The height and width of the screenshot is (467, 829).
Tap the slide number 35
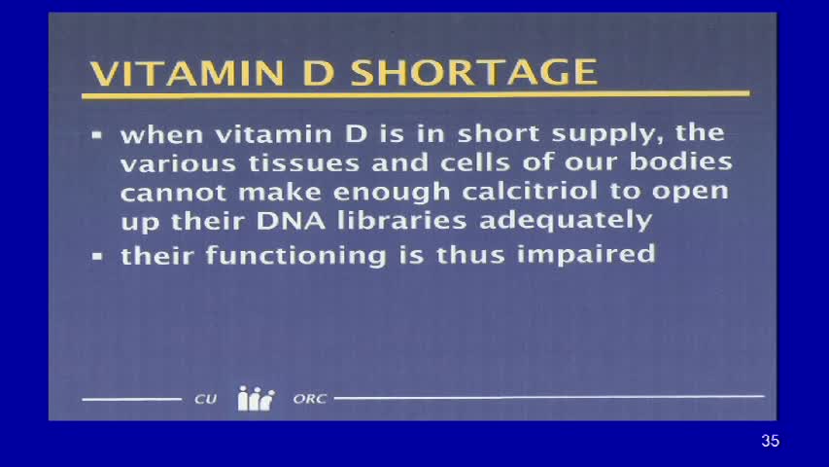point(770,441)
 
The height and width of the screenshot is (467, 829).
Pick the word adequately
point(565,219)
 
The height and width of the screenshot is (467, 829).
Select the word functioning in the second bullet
point(277,255)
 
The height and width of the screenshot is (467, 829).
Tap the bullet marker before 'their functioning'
point(97,258)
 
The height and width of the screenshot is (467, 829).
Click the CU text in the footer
point(205,399)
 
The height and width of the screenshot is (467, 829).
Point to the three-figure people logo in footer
point(256,399)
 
